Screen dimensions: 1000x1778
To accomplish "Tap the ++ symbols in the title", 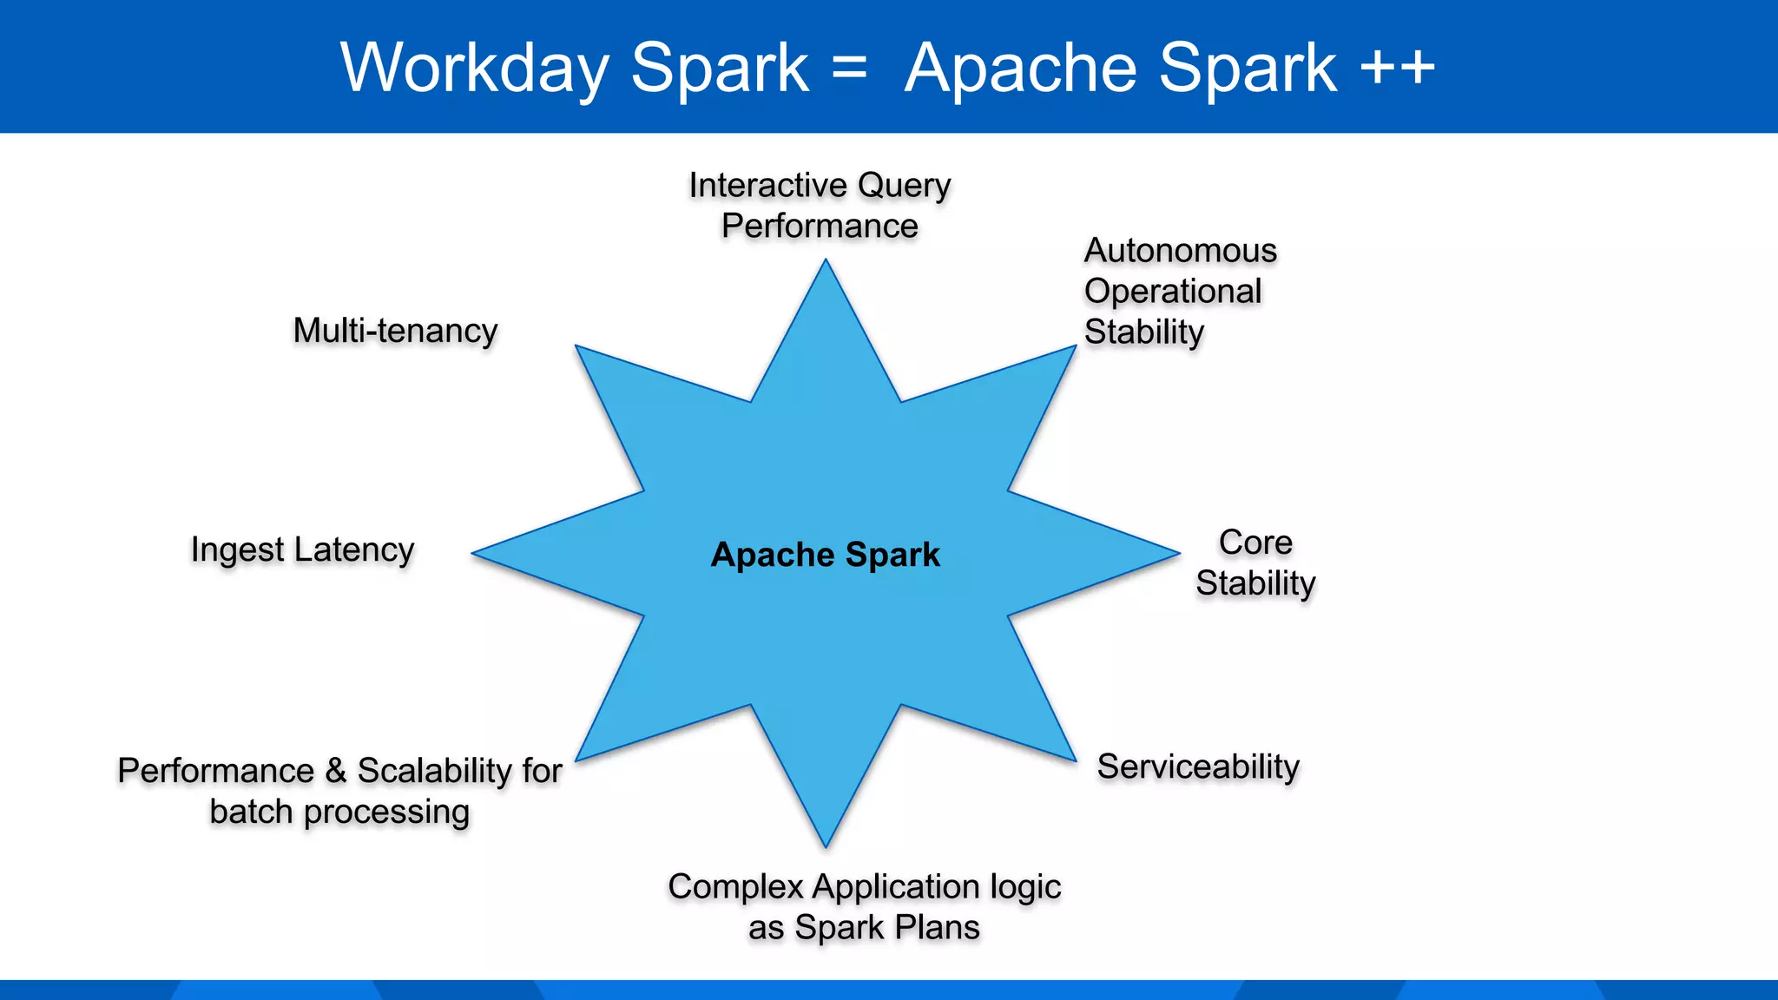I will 1397,68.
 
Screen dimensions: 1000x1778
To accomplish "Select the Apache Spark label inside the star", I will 825,555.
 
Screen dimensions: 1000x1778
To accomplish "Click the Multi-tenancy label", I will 395,331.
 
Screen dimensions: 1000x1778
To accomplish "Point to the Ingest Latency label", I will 302,550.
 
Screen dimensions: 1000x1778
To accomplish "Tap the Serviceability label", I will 1198,767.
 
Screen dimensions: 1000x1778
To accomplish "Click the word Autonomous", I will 1180,251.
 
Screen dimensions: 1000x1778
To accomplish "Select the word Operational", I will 1172,292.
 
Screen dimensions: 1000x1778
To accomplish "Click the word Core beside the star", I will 1255,543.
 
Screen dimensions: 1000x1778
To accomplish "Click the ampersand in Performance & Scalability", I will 335,771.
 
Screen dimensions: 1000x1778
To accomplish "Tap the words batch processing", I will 339,812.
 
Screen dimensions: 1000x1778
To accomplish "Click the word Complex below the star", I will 735,887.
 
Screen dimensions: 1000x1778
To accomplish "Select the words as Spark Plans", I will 864,928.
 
